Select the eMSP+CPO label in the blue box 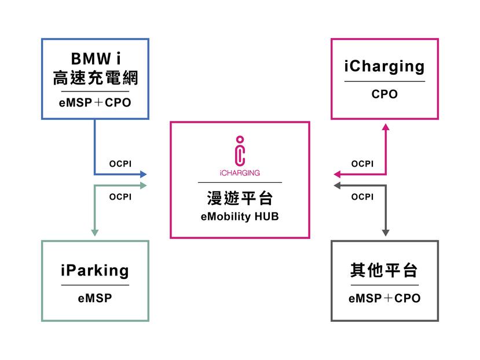click(95, 103)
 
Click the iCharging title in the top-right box click(384, 66)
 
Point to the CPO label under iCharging click(384, 94)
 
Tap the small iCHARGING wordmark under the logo click(240, 172)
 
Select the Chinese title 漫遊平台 click(240, 199)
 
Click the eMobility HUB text click(240, 217)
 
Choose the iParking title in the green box click(95, 270)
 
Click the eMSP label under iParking click(95, 299)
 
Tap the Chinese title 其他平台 click(384, 270)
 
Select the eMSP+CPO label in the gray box click(384, 299)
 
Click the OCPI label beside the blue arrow click(120, 164)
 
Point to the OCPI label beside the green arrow click(120, 197)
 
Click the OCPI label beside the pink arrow click(362, 164)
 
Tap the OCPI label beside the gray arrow click(362, 197)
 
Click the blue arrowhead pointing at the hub click(144, 174)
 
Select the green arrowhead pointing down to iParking click(95, 233)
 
